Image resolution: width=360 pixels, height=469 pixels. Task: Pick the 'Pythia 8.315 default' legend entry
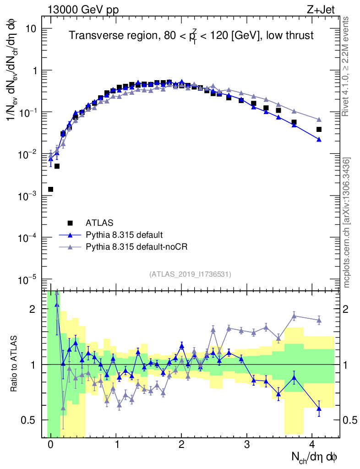[x=124, y=235]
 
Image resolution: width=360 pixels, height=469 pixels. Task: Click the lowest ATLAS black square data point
[x=50, y=189]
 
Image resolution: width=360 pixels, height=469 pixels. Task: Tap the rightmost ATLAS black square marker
[x=319, y=130]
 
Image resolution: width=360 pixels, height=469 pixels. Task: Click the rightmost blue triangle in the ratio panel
[x=319, y=408]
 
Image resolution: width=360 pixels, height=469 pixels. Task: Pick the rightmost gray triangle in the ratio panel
[x=319, y=320]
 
